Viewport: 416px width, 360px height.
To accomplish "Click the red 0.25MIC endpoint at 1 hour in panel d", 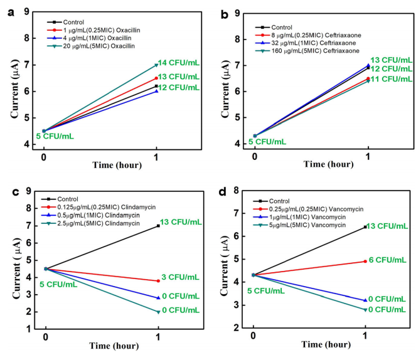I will click(x=365, y=261).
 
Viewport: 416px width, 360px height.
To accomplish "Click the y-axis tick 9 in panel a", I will click(x=28, y=11).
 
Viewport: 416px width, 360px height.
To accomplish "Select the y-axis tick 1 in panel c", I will click(x=28, y=328).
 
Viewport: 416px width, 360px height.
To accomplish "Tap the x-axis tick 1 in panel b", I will click(x=366, y=155).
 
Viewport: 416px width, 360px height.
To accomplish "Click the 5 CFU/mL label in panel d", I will click(x=249, y=290).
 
